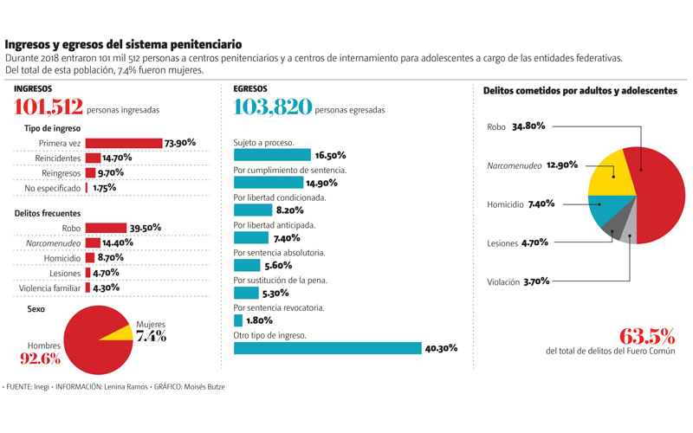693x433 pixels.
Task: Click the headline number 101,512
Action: coord(49,107)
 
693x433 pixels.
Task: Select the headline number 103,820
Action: coord(272,107)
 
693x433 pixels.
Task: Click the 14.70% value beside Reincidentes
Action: coord(117,158)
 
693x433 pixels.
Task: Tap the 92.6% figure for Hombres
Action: coord(41,359)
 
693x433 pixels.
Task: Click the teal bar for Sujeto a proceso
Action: coord(271,155)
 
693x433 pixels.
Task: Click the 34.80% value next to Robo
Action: coord(528,126)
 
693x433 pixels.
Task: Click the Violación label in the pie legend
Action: coord(502,281)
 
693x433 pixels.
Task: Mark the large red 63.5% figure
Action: coord(647,336)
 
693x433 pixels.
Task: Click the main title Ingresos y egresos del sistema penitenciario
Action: coord(123,44)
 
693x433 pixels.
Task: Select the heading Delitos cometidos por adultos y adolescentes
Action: coord(580,90)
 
